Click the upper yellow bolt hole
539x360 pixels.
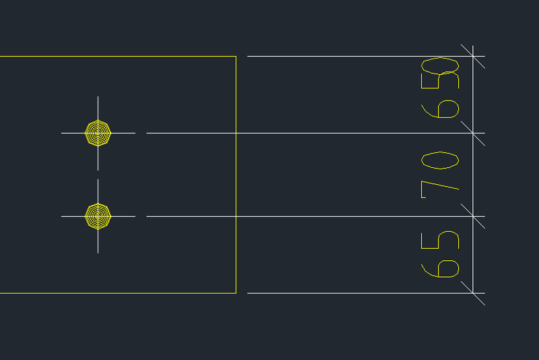(98, 133)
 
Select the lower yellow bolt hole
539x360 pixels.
(98, 216)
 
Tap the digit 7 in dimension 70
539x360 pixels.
(440, 189)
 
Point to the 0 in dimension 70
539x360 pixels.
(440, 160)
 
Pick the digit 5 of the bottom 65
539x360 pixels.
(440, 240)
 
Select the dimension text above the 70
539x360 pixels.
(440, 88)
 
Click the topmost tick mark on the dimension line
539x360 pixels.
(473, 56)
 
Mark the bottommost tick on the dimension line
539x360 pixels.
(473, 293)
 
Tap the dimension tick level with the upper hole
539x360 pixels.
(473, 133)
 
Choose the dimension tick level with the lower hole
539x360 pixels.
(473, 216)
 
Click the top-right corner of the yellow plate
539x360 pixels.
(236, 56)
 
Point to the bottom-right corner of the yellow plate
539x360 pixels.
(236, 293)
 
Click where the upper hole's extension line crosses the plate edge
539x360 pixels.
(236, 133)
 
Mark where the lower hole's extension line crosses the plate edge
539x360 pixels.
(236, 216)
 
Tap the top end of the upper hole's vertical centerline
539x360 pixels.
(98, 96)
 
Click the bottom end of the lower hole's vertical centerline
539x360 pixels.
(98, 253)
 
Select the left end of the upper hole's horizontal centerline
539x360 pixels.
(61, 133)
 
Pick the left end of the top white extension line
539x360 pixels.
(247, 56)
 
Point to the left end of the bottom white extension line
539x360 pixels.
(247, 293)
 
